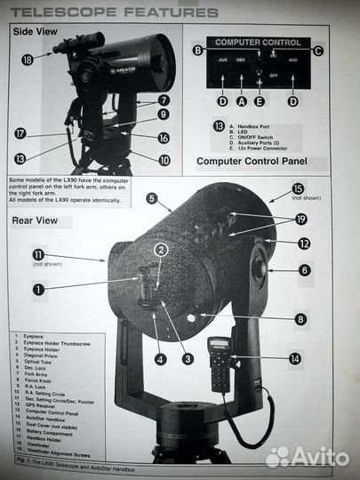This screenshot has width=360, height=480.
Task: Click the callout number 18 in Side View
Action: (27, 59)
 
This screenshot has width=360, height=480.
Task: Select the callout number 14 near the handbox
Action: (295, 359)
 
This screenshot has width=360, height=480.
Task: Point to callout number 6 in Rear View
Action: (304, 270)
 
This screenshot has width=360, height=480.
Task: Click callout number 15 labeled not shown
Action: (297, 188)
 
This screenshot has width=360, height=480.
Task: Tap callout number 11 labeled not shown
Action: (38, 253)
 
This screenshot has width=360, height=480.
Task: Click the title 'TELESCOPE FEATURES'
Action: (114, 12)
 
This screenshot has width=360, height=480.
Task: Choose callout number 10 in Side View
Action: (164, 160)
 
